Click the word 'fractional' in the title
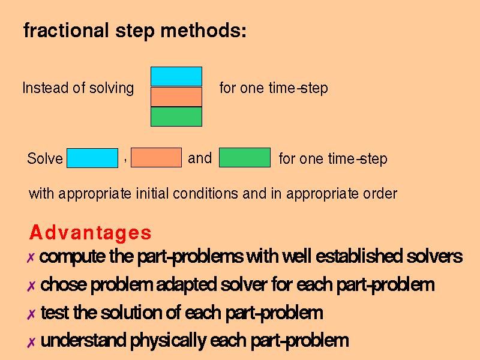click(66, 31)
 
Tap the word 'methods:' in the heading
click(203, 31)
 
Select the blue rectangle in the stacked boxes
click(176, 77)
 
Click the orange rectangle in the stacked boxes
click(176, 97)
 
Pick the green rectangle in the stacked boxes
click(176, 116)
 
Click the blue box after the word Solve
click(92, 158)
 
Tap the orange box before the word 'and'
click(156, 158)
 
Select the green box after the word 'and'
click(245, 158)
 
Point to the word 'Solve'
click(45, 158)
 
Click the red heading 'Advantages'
click(91, 232)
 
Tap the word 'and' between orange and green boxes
click(200, 158)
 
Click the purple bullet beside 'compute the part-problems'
click(31, 258)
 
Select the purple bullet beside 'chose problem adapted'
click(31, 286)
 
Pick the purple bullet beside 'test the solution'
click(31, 314)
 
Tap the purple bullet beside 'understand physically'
click(31, 342)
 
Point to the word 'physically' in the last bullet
click(168, 341)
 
